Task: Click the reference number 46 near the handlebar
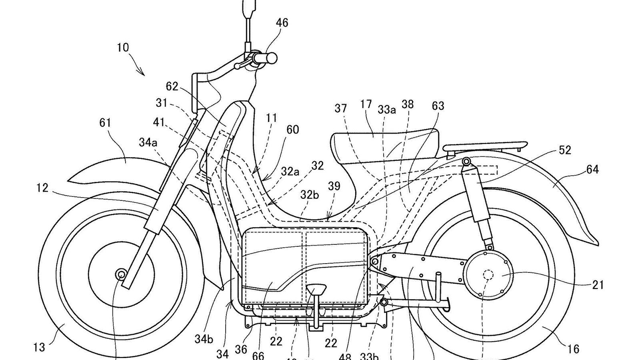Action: click(x=282, y=23)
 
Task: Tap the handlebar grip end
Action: click(x=272, y=58)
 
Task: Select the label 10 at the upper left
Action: click(x=123, y=48)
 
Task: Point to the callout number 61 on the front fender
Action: click(x=105, y=123)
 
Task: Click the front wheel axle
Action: click(x=120, y=274)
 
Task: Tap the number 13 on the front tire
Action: click(x=39, y=347)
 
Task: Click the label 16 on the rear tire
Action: click(x=573, y=349)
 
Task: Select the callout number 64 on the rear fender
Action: click(x=592, y=170)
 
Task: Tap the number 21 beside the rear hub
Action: click(x=598, y=285)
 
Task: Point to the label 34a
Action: click(x=148, y=142)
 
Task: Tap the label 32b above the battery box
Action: click(x=310, y=195)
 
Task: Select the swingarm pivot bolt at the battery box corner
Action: click(x=375, y=261)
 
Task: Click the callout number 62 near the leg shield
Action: click(x=172, y=86)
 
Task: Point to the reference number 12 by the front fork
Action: click(x=42, y=187)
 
